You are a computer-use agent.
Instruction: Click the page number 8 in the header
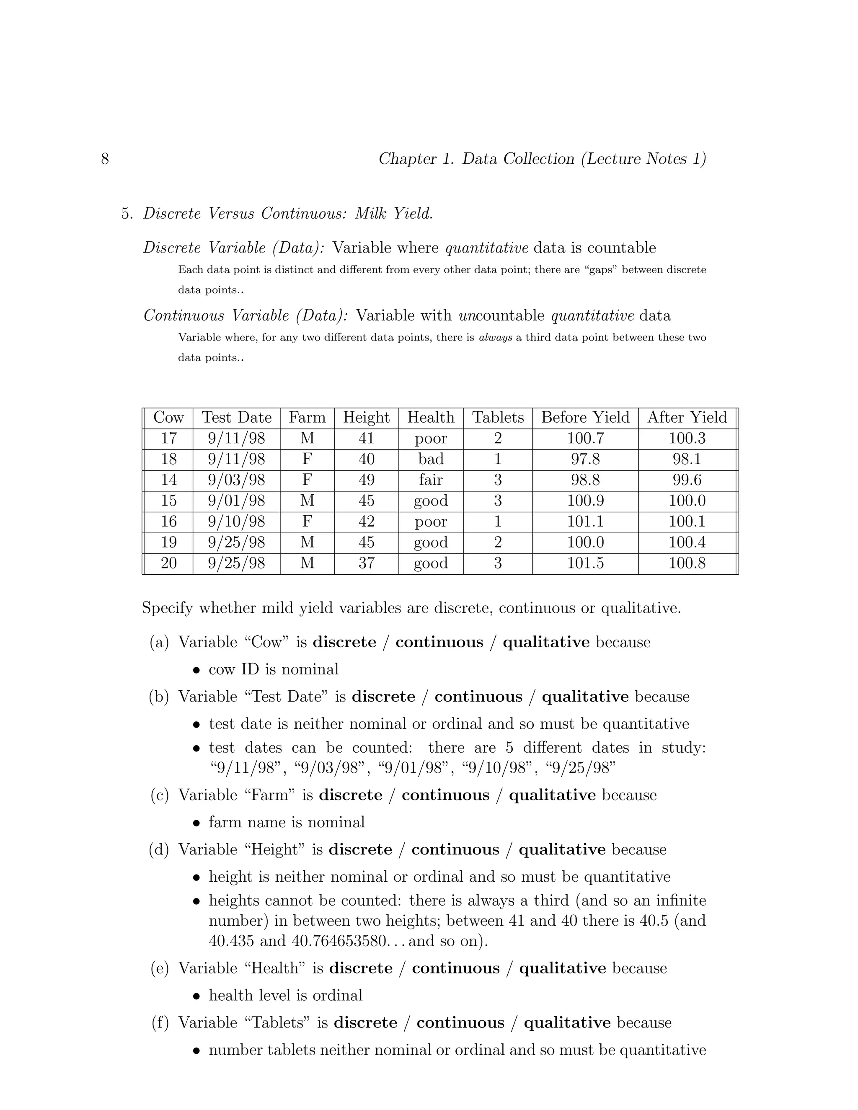105,159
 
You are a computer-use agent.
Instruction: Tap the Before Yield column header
585,418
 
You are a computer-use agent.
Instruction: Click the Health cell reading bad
431,459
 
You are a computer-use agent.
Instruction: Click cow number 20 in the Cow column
169,563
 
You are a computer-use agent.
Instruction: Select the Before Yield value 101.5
585,563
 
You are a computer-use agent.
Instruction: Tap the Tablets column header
498,418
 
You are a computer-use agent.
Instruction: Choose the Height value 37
366,563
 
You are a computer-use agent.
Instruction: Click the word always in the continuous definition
495,338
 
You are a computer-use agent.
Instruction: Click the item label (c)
160,795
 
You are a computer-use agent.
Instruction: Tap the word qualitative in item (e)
562,968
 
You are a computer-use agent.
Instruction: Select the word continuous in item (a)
439,643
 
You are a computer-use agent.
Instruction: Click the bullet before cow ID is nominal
197,670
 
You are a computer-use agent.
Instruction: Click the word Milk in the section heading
370,214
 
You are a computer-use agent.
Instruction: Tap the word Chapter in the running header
407,159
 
